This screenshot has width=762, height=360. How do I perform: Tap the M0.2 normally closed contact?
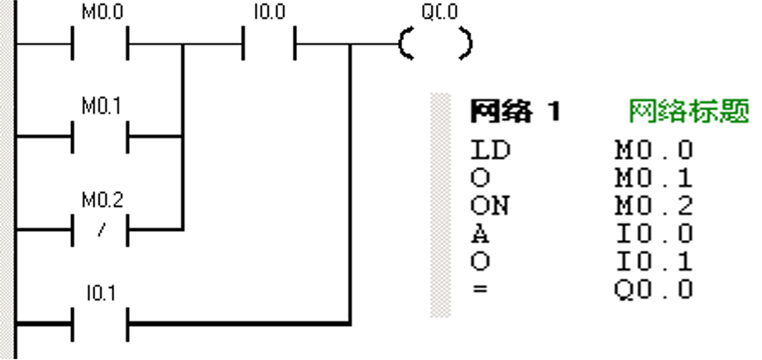click(x=102, y=229)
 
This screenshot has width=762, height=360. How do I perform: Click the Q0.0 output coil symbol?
click(x=434, y=42)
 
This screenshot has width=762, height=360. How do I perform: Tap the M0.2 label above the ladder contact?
click(x=102, y=201)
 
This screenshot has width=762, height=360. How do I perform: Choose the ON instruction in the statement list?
click(x=491, y=206)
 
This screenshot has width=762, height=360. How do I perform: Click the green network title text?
click(x=688, y=111)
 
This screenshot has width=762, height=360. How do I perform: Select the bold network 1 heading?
click(x=515, y=111)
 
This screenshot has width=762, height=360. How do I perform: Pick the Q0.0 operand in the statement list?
click(x=654, y=290)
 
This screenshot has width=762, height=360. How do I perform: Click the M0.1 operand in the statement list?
click(x=654, y=178)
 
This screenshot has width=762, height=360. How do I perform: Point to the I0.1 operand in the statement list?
click(x=654, y=262)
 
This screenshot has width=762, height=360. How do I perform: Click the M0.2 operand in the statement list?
click(x=654, y=206)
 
